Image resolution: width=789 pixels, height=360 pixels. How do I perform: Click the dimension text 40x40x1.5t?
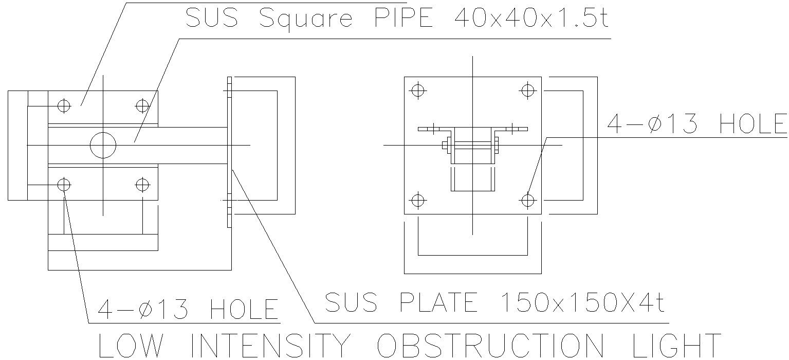(531, 19)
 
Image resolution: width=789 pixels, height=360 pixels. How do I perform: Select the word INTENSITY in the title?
(270, 346)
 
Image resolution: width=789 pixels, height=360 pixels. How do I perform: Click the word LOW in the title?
(135, 346)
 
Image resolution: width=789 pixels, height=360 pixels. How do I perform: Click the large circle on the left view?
(103, 146)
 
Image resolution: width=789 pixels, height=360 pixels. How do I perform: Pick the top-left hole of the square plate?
(418, 91)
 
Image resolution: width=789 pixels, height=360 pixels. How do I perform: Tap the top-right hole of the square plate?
(527, 91)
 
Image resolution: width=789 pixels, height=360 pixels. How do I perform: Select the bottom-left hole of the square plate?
(418, 200)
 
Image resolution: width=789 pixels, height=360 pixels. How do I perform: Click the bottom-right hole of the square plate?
(527, 200)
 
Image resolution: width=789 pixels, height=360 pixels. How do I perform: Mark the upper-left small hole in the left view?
(64, 106)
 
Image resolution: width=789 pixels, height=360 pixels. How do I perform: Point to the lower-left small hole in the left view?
(64, 184)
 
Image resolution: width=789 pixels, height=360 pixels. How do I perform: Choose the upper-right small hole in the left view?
(142, 106)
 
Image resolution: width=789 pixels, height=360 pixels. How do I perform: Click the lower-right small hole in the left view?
(142, 184)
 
